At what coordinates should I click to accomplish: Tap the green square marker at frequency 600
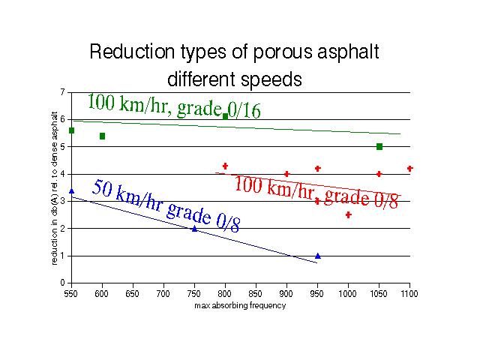(102, 136)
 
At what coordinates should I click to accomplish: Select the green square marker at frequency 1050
(379, 146)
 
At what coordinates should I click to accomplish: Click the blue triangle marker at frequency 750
(194, 229)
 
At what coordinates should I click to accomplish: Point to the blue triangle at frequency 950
(318, 256)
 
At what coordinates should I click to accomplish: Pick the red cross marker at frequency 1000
(349, 215)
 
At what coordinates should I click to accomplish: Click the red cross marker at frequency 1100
(410, 169)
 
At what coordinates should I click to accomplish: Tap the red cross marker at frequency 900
(286, 174)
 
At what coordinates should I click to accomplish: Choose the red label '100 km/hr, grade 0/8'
(316, 191)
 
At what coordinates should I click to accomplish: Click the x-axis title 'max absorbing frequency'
(239, 307)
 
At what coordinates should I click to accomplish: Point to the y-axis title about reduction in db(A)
(55, 187)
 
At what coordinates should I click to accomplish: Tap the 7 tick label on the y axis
(62, 92)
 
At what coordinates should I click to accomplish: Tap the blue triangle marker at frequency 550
(71, 191)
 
